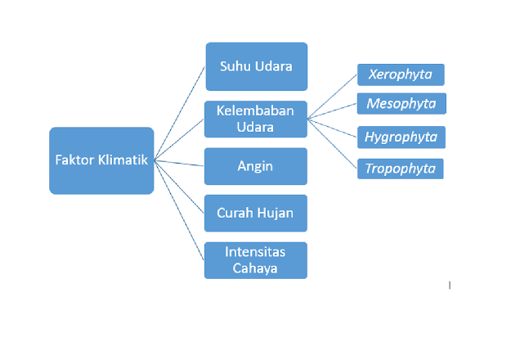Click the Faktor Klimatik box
[101, 160]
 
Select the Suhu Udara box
[256, 66]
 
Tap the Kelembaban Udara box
[255, 119]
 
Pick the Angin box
[255, 166]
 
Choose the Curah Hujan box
[255, 213]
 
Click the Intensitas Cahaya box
[255, 259]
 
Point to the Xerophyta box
[401, 74]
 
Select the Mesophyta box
[401, 104]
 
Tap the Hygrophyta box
[401, 137]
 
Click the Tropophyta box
[401, 169]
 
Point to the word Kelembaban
[255, 111]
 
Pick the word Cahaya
[255, 268]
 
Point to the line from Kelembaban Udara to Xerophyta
[333, 97]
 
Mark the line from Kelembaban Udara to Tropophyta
[333, 144]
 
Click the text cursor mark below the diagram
[450, 286]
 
